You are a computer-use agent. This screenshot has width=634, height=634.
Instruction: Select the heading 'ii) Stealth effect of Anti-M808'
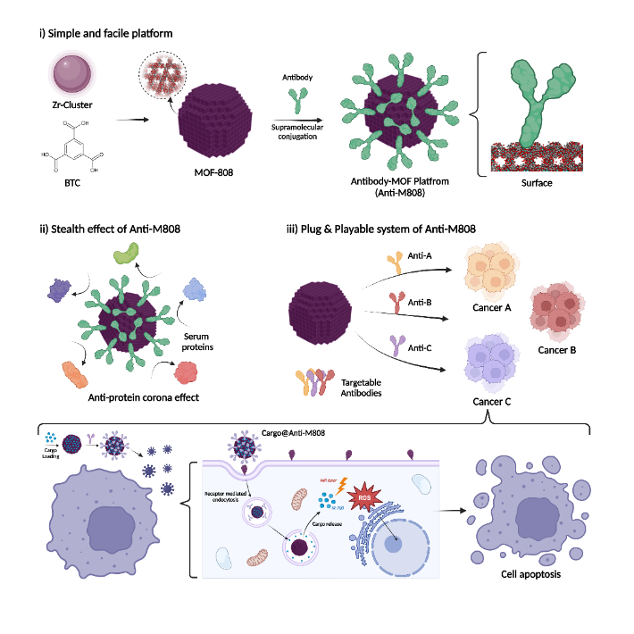pyautogui.click(x=110, y=228)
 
